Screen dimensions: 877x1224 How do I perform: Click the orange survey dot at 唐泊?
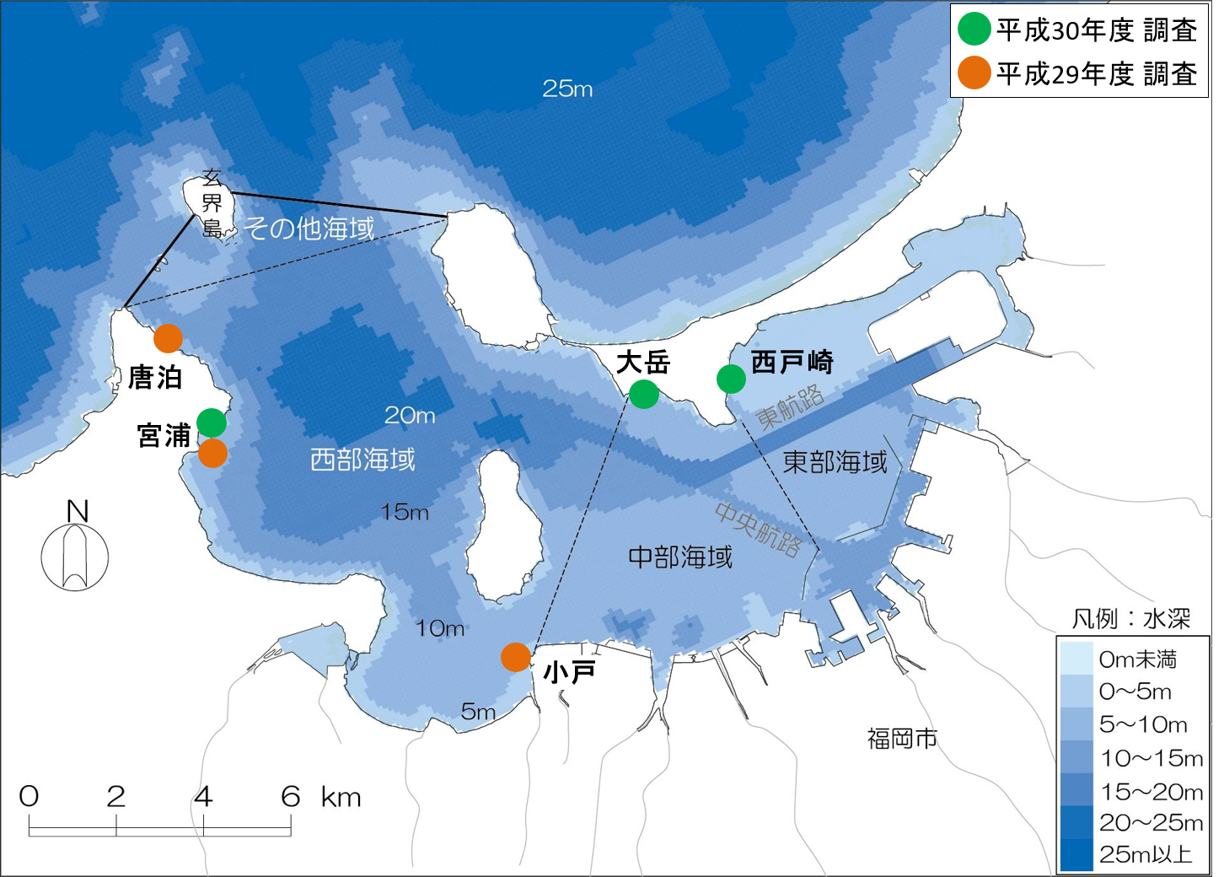[168, 338]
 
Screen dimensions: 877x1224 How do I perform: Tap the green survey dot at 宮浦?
[212, 422]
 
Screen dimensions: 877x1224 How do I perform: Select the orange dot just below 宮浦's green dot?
[212, 453]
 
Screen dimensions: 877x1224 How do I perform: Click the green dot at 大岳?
[644, 394]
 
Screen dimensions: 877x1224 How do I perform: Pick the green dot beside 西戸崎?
[731, 379]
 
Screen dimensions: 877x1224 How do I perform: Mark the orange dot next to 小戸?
[516, 657]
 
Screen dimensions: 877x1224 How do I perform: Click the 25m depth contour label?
[567, 89]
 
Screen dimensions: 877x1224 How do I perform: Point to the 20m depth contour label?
[410, 415]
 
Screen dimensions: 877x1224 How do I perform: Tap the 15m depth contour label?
[405, 512]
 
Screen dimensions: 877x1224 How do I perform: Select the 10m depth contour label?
[439, 628]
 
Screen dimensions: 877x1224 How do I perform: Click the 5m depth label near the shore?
[478, 712]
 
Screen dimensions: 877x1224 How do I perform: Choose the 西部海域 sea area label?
[362, 460]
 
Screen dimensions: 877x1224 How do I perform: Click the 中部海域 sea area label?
[680, 557]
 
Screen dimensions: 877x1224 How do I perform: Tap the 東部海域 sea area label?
[835, 462]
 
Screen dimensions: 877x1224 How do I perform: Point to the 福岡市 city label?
[902, 739]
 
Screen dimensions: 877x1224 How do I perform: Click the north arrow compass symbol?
[75, 556]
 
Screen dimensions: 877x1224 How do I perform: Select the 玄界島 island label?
[212, 203]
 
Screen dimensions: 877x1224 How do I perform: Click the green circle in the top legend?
[974, 30]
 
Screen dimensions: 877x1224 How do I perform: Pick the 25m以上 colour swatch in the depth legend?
[1076, 854]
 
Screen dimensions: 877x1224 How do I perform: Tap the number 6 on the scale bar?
[290, 796]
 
